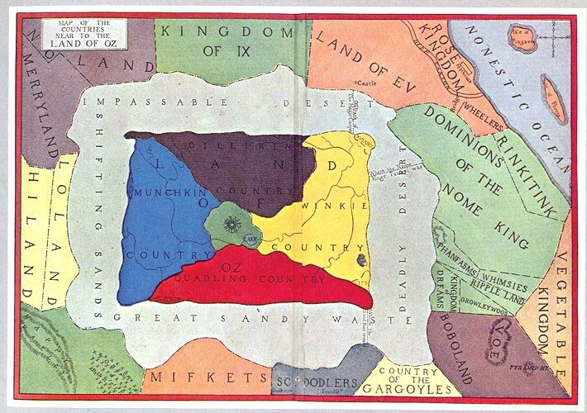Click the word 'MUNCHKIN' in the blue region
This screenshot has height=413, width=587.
[x=165, y=192]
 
